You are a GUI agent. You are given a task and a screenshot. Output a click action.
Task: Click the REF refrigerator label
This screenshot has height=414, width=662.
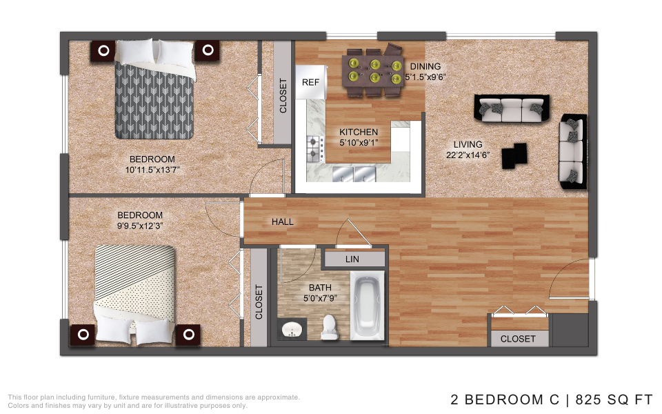click(310, 82)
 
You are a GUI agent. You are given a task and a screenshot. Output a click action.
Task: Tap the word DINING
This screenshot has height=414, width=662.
click(425, 66)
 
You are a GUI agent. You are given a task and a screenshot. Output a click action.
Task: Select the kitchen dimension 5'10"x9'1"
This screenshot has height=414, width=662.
click(359, 143)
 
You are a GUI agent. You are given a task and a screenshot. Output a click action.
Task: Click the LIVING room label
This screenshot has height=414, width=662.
click(468, 144)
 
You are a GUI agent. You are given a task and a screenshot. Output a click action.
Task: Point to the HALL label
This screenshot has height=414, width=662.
click(283, 221)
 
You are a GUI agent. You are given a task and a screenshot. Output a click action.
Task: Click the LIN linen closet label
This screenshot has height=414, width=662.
click(352, 259)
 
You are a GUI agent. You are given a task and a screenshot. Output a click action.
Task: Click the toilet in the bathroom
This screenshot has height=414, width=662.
click(330, 327)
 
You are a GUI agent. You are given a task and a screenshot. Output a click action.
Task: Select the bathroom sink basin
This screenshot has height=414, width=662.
click(292, 328)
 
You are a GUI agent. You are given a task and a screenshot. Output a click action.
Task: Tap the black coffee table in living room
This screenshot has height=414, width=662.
click(514, 156)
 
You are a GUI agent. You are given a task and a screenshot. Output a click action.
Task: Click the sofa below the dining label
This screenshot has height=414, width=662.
click(512, 108)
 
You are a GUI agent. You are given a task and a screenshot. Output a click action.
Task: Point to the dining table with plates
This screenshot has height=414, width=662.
click(373, 71)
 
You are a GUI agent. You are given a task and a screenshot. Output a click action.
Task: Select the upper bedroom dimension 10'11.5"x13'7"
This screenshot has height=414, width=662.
click(152, 170)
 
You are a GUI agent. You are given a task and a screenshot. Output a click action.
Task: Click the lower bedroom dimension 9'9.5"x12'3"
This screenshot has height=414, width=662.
click(140, 226)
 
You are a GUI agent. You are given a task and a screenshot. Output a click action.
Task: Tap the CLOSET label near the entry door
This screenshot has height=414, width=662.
click(518, 339)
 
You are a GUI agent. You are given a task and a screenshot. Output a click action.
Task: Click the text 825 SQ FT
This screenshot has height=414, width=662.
click(614, 400)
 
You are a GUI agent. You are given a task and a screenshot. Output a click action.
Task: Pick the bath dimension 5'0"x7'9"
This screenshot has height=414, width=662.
click(320, 298)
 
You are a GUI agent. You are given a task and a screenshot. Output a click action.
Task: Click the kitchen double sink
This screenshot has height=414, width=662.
click(354, 174)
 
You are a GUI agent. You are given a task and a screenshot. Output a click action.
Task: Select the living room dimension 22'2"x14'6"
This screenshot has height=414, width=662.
click(468, 155)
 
